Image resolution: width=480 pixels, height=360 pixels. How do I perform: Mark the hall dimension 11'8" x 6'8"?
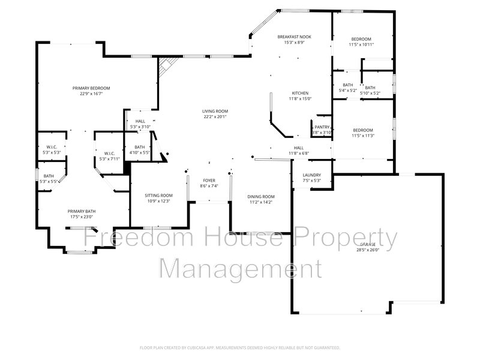(x=298, y=153)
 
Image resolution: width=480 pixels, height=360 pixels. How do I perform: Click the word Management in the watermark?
(x=240, y=268)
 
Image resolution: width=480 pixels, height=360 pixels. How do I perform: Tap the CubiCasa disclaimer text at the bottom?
(x=240, y=347)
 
